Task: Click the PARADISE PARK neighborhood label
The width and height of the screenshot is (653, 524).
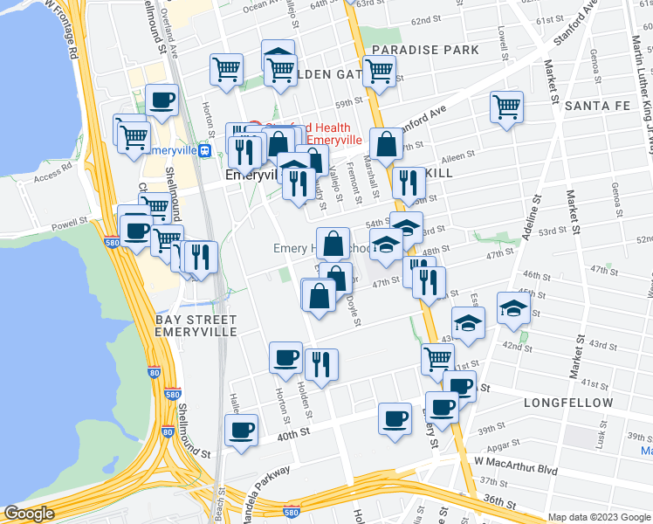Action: [x=425, y=50]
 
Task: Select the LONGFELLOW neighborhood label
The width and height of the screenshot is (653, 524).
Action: [x=565, y=403]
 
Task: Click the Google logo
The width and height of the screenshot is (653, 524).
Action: [x=29, y=514]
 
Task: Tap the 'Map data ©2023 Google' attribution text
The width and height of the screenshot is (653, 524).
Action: [x=599, y=517]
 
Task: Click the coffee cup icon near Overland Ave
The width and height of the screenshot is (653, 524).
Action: [x=162, y=100]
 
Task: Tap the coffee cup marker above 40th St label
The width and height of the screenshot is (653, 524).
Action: [x=241, y=429]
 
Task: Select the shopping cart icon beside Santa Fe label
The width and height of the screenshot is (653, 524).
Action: [x=506, y=107]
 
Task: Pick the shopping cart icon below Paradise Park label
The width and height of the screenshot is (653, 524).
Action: [x=379, y=71]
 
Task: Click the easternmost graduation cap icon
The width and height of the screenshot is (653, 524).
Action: [x=513, y=307]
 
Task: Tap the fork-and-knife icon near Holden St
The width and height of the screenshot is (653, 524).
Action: [x=321, y=362]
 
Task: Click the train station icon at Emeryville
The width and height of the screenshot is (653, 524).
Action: [x=205, y=150]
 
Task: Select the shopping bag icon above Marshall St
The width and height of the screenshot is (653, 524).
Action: [x=385, y=144]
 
